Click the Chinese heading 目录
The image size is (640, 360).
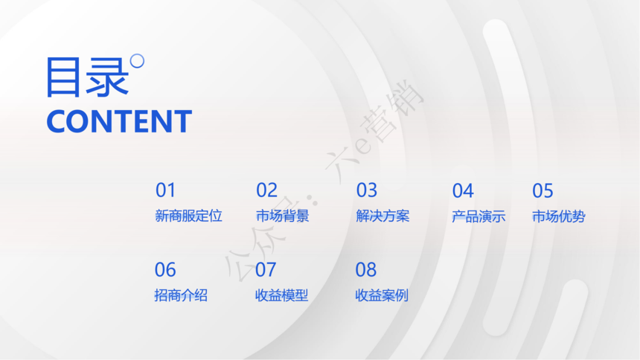(87, 77)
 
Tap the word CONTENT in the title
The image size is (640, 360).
(119, 121)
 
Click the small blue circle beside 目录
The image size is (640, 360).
(137, 61)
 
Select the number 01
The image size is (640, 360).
(165, 190)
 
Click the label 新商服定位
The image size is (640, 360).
(188, 216)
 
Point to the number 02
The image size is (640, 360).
(266, 190)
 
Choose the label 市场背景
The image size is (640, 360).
(283, 216)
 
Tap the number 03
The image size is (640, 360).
(367, 190)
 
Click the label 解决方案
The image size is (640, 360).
(383, 216)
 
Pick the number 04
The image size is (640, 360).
(463, 190)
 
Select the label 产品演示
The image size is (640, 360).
(479, 216)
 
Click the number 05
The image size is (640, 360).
(543, 190)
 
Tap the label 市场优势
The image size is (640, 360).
(558, 216)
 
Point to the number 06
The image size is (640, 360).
(165, 270)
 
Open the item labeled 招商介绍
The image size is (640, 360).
(181, 295)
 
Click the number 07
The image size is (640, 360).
(266, 270)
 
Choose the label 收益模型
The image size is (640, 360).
(281, 295)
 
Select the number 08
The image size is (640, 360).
(365, 270)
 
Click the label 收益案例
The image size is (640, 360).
(382, 295)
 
